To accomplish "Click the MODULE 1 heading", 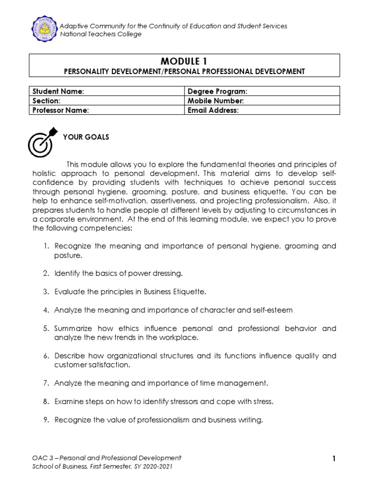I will point(184,61).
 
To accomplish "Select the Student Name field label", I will point(58,91).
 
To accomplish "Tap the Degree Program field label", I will point(217,91).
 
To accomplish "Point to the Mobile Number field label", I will point(216,101).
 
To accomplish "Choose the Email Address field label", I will point(213,110).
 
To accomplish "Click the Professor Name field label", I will point(61,110).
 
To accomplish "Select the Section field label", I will point(46,101).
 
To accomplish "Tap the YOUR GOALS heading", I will point(86,137).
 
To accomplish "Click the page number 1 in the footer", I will point(334,459).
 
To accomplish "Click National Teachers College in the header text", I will point(100,34).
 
